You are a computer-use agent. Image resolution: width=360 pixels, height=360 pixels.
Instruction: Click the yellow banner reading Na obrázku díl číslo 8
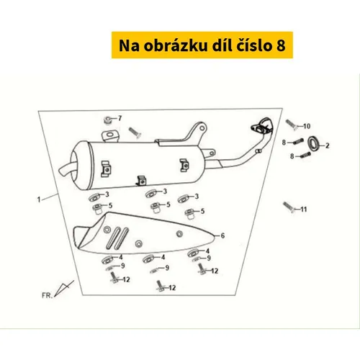coord(202,45)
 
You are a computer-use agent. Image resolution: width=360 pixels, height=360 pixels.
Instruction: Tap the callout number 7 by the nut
coord(120,118)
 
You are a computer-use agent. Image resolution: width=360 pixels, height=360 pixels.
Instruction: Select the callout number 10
coord(307,126)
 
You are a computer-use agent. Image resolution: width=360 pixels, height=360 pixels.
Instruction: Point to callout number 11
coord(304,210)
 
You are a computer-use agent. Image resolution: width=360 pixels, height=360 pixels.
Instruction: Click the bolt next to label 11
coord(289,207)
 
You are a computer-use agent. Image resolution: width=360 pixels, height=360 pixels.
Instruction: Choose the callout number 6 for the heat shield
coord(222,235)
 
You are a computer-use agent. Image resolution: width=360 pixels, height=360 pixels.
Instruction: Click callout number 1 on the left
coord(39,199)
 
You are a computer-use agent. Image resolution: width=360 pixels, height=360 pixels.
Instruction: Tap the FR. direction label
coord(47,295)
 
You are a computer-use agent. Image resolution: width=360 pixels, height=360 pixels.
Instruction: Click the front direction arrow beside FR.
coord(64,288)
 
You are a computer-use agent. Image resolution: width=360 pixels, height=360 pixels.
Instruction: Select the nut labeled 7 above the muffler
coord(108,120)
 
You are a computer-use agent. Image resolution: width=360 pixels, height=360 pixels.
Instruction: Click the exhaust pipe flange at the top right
coord(262,125)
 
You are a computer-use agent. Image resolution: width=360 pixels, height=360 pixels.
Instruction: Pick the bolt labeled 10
coord(292,125)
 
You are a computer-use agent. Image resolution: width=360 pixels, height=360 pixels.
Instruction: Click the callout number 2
coord(328,145)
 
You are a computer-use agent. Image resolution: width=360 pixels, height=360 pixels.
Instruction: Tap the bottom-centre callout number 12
coord(172,287)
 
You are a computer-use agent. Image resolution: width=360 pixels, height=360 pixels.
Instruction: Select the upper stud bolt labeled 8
coord(299,141)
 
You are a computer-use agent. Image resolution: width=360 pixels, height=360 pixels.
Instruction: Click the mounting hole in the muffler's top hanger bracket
coord(110,135)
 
